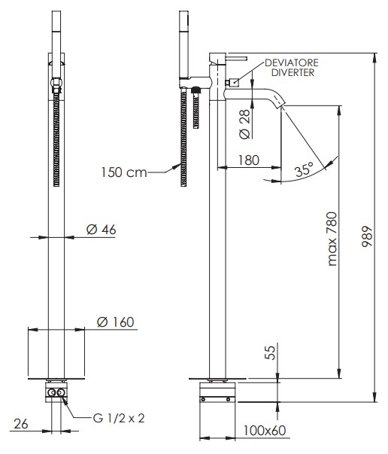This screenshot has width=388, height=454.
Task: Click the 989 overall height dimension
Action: [367, 236]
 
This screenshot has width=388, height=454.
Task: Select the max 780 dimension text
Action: [332, 239]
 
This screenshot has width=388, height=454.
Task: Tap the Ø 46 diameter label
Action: [102, 230]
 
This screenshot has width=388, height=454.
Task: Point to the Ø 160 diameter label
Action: [116, 322]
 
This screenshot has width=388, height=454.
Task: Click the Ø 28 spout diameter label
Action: [244, 124]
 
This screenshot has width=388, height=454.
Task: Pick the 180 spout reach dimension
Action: [249, 160]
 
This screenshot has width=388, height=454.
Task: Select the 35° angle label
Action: [305, 169]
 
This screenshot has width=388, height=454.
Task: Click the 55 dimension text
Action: [271, 352]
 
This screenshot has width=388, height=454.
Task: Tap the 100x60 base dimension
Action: [264, 430]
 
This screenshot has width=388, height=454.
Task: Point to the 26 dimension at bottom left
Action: [21, 424]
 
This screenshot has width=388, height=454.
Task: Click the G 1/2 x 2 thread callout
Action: [119, 418]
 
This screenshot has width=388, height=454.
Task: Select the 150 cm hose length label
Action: [124, 172]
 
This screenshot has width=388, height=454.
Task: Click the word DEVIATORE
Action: [292, 62]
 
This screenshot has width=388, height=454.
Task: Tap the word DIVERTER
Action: [293, 72]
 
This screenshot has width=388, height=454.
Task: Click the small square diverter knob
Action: [235, 83]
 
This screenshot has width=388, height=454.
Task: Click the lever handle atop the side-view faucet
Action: [236, 59]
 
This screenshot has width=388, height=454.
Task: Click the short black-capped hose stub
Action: [196, 108]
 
